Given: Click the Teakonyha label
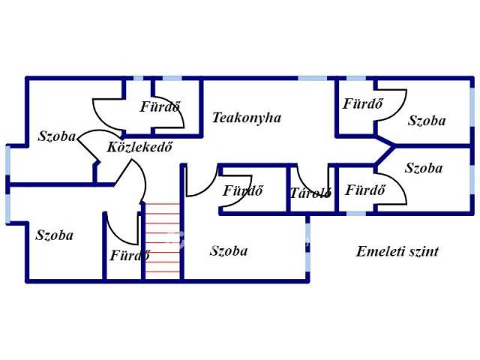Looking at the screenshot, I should (246, 118).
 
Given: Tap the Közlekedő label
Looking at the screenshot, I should (140, 146).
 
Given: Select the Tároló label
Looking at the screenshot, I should (310, 193).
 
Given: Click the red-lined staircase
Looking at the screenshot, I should (163, 238).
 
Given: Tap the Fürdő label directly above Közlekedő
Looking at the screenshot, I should (160, 106).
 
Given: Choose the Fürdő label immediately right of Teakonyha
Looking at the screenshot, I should (363, 103).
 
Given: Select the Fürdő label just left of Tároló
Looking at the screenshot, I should (242, 190).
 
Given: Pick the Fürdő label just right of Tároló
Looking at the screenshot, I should (365, 190).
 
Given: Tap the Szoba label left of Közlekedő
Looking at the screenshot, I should (56, 136).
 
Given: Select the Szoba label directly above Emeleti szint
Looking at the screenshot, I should (424, 168).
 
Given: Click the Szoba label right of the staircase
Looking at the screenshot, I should (229, 251).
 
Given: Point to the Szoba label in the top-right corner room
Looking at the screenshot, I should (427, 120).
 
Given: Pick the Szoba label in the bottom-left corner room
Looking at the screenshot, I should (55, 235).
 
